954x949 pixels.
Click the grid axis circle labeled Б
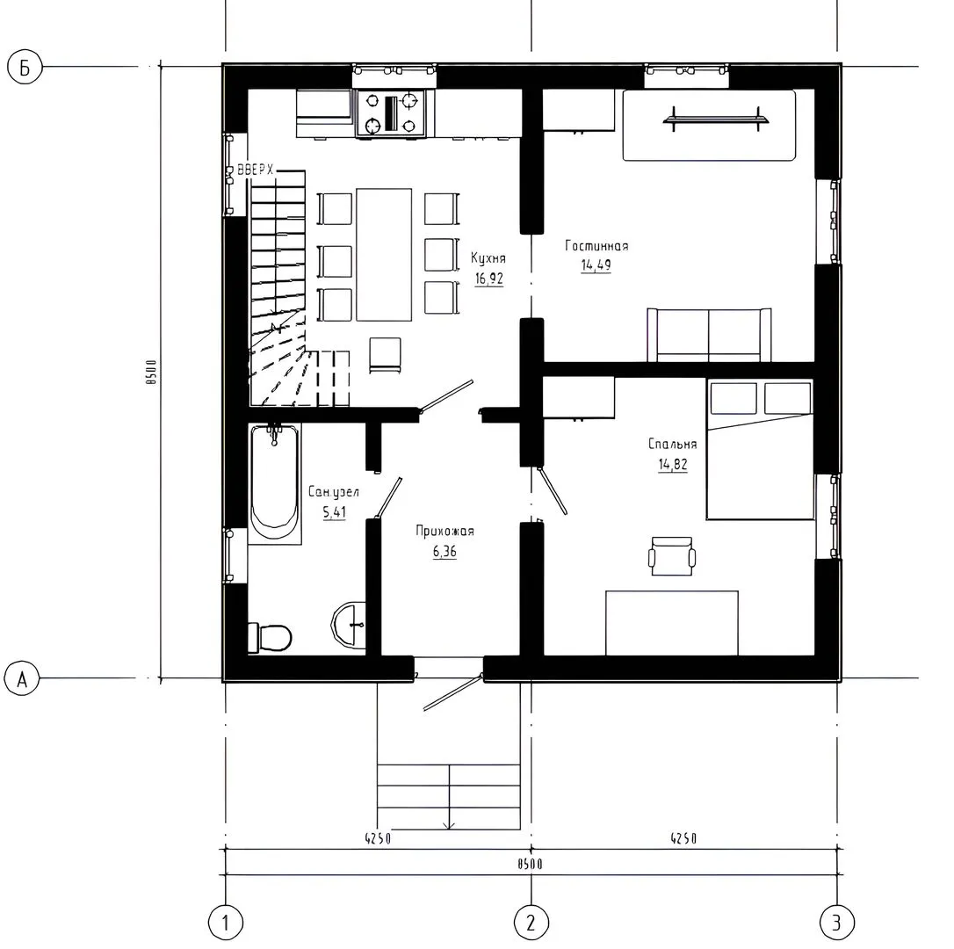tap(25, 67)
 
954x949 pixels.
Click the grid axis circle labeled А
tap(22, 678)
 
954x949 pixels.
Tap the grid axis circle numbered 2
tap(531, 923)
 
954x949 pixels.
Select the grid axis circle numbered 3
tap(837, 923)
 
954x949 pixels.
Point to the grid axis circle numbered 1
tap(226, 923)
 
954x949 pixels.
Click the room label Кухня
tap(488, 258)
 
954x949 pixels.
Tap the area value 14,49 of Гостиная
tap(596, 264)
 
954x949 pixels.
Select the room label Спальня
tap(672, 444)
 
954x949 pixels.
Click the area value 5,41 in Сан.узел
tap(334, 512)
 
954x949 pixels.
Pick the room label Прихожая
tap(444, 531)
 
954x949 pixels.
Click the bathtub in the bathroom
tap(275, 484)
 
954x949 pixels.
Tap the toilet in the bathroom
tap(271, 637)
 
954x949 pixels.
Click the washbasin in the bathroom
tap(349, 624)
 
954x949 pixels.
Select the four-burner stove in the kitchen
tap(390, 113)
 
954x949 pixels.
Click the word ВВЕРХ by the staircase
tap(256, 170)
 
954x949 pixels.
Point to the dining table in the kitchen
tap(384, 255)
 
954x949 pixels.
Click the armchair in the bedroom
tap(672, 555)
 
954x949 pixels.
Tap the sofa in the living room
tap(710, 336)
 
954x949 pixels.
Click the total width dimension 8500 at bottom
tap(530, 864)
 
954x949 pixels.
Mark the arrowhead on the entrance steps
tap(449, 825)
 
